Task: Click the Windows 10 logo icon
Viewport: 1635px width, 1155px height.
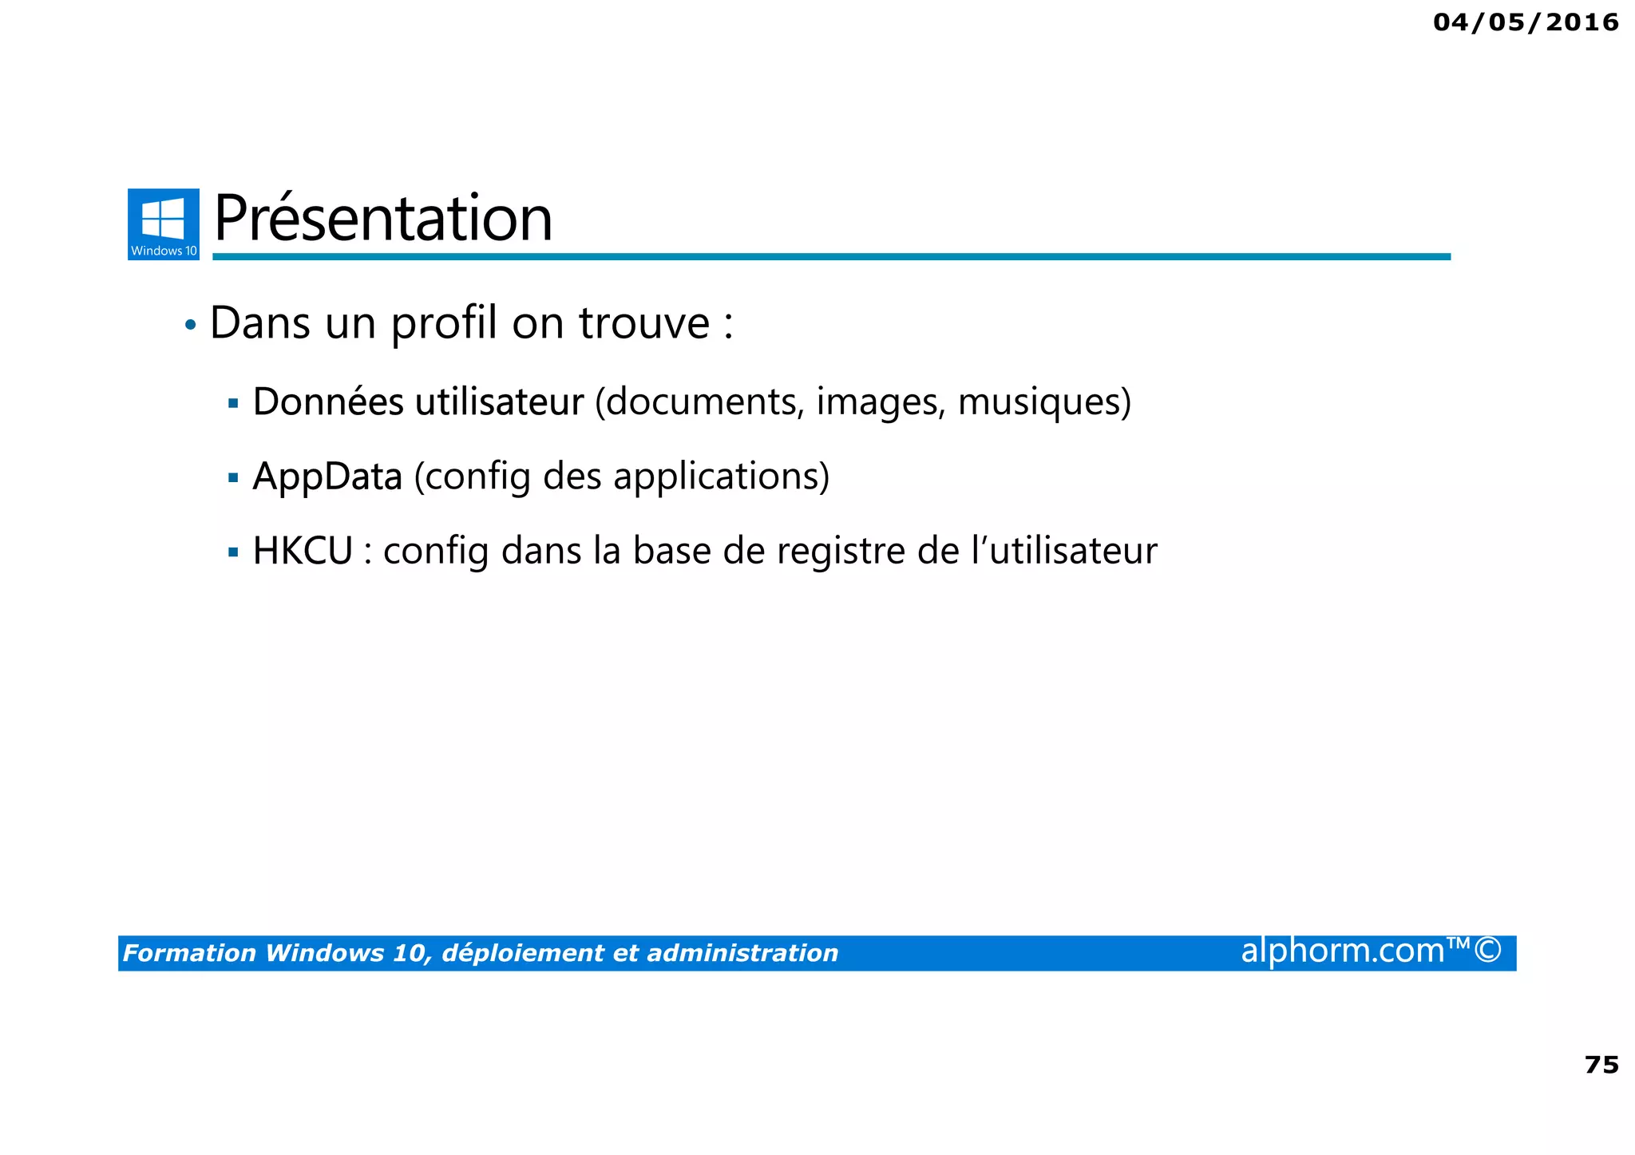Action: coord(164,223)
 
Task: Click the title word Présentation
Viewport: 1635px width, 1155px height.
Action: coord(383,219)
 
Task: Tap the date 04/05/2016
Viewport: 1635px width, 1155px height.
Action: coord(1526,22)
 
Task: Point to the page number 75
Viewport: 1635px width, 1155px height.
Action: coord(1601,1065)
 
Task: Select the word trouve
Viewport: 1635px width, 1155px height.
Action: coord(643,324)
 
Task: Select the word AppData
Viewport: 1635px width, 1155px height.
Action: coord(327,477)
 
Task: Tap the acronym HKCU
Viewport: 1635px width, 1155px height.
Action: coord(303,552)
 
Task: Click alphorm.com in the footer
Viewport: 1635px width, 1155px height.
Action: coord(1343,951)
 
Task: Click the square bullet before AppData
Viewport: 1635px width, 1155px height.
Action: coord(233,478)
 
